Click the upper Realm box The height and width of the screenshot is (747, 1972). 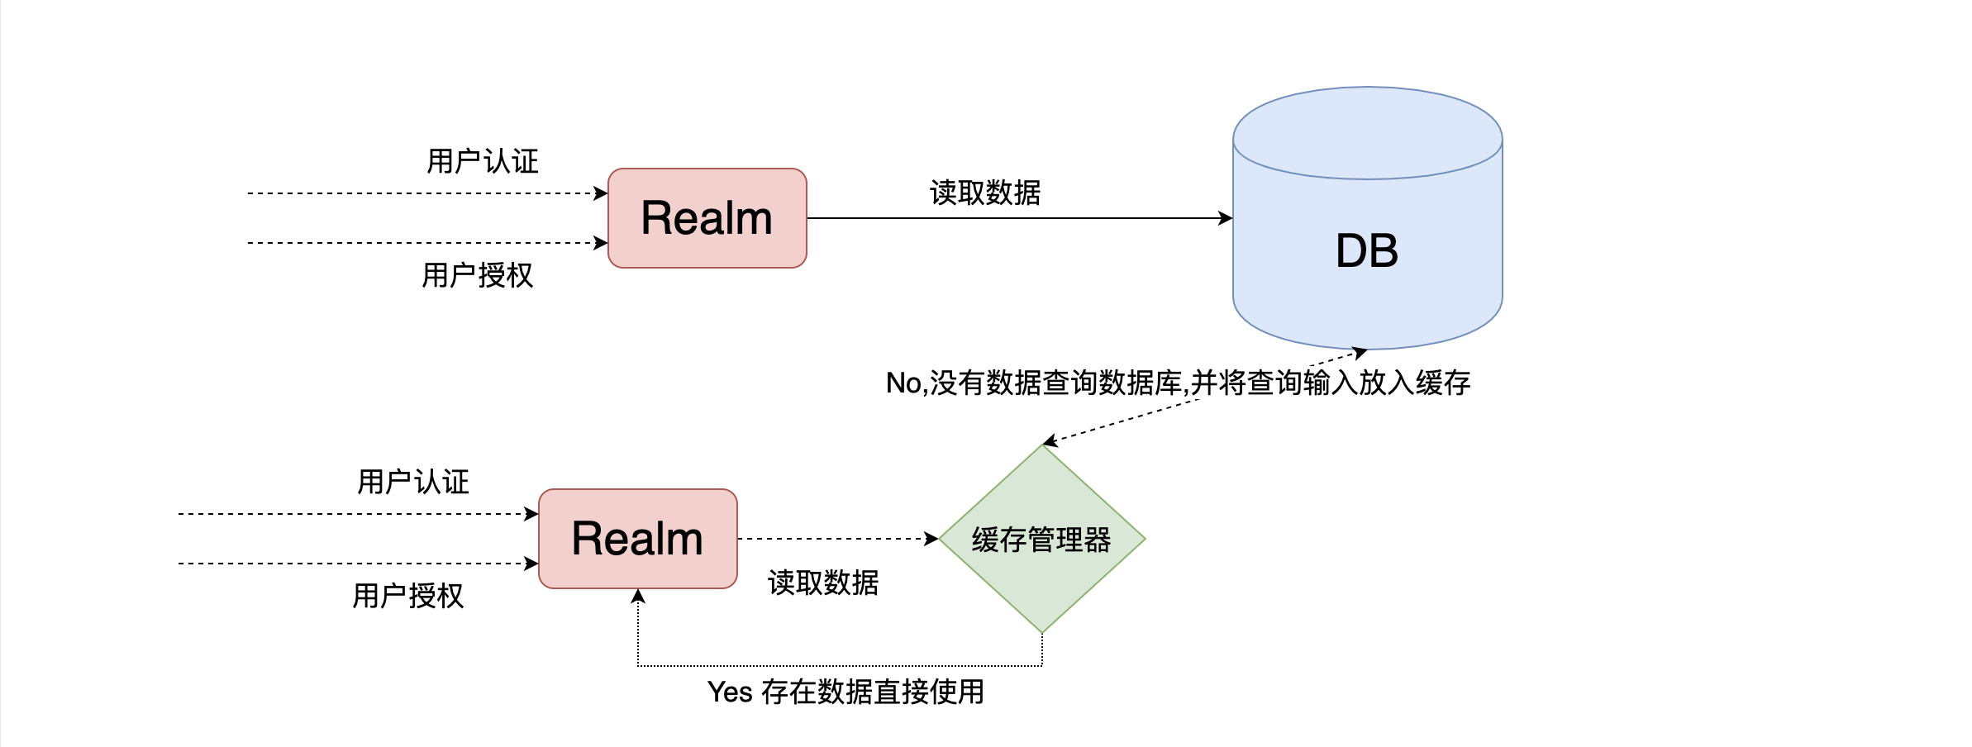tap(707, 218)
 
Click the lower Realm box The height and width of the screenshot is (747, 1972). tap(637, 539)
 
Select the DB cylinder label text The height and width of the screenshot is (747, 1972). tap(1367, 250)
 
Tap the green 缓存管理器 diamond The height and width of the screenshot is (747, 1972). tap(1041, 540)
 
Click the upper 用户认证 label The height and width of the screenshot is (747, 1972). tap(483, 161)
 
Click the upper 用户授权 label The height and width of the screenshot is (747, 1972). tap(478, 275)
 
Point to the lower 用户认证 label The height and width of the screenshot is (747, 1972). tap(413, 482)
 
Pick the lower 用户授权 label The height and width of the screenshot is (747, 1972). tap(408, 596)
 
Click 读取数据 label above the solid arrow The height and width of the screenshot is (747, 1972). tap(985, 193)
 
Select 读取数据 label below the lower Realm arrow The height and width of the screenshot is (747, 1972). tap(823, 583)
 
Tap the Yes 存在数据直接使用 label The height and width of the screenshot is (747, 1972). tap(845, 692)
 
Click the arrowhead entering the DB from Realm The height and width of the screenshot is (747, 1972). tap(1227, 218)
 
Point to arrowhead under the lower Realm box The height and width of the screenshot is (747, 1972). tap(638, 596)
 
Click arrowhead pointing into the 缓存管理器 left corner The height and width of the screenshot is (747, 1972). tap(931, 539)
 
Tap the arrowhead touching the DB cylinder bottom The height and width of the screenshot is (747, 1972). tap(1360, 353)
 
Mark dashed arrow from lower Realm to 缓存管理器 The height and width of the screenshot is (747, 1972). tap(835, 539)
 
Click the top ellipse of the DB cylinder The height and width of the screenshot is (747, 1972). tap(1367, 132)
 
